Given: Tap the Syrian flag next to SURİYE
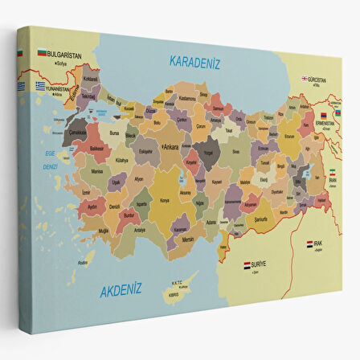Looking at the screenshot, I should pos(247,264).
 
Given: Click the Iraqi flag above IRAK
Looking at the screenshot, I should pos(311,243).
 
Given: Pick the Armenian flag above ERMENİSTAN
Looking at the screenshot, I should pos(325,116).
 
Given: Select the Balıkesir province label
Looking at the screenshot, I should pos(96,149).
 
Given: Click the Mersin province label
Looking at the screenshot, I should pos(189,238).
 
